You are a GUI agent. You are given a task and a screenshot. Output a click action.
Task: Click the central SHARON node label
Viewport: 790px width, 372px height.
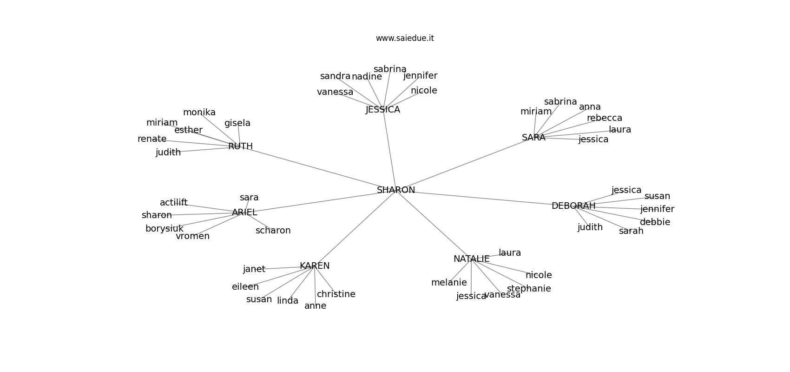pyautogui.click(x=395, y=190)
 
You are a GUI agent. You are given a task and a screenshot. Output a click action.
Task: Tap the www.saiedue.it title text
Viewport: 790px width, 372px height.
pyautogui.click(x=405, y=38)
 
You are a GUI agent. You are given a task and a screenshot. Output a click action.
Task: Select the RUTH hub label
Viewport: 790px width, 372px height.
pyautogui.click(x=240, y=146)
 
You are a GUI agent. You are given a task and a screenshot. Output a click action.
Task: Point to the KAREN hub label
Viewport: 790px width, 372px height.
pyautogui.click(x=315, y=266)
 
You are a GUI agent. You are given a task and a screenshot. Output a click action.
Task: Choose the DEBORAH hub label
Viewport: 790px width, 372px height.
pyautogui.click(x=573, y=206)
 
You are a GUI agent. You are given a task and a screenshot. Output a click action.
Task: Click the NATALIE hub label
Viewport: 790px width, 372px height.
pyautogui.click(x=471, y=259)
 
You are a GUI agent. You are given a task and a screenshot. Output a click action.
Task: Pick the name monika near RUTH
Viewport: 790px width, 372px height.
pyautogui.click(x=199, y=113)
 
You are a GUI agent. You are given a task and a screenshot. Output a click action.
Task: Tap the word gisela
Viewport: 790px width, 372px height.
pyautogui.click(x=237, y=123)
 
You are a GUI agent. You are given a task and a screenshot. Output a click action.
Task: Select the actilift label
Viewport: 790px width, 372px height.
pyautogui.click(x=173, y=203)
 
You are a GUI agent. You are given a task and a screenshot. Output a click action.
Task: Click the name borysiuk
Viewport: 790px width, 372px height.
pyautogui.click(x=164, y=229)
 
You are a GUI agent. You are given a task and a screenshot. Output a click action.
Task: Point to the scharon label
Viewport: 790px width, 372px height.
pyautogui.click(x=273, y=231)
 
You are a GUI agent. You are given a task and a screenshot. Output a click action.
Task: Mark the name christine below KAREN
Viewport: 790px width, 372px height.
pyautogui.click(x=336, y=294)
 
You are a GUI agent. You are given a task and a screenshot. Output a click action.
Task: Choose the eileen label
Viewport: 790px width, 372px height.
pyautogui.click(x=245, y=287)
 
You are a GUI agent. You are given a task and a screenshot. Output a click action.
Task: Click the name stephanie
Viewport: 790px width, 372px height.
pyautogui.click(x=529, y=289)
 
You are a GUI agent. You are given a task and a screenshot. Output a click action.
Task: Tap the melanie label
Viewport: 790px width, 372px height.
pyautogui.click(x=448, y=283)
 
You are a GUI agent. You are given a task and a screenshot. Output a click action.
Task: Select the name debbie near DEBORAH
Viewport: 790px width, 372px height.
pyautogui.click(x=655, y=222)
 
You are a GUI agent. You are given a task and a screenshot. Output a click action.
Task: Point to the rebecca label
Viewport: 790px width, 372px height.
pyautogui.click(x=604, y=118)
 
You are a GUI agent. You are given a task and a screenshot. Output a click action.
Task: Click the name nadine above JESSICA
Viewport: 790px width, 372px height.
pyautogui.click(x=367, y=77)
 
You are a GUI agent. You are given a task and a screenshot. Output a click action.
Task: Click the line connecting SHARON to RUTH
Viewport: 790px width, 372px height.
pyautogui.click(x=316, y=168)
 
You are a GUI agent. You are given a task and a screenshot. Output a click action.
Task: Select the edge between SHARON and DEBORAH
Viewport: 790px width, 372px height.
pyautogui.click(x=483, y=198)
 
